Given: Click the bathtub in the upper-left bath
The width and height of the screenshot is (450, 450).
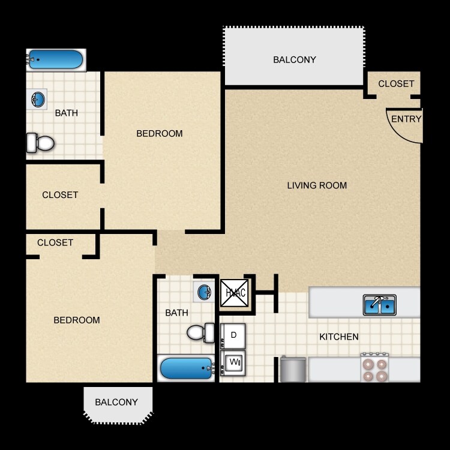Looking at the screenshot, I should pyautogui.click(x=55, y=59).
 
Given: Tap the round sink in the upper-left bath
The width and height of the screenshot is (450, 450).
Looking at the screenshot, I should pyautogui.click(x=38, y=100).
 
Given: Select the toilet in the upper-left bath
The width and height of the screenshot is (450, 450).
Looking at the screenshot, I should pyautogui.click(x=41, y=143).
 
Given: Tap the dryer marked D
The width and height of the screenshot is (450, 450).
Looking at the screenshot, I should pyautogui.click(x=233, y=335).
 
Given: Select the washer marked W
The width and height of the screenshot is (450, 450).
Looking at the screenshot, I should pyautogui.click(x=233, y=362).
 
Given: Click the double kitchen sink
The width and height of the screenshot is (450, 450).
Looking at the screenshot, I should pyautogui.click(x=379, y=305).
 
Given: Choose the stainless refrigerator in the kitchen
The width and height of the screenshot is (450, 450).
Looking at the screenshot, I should pyautogui.click(x=293, y=370).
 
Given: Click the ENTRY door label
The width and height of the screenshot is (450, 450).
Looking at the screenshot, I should pyautogui.click(x=406, y=119).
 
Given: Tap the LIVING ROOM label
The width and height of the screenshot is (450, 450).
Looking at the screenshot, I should pyautogui.click(x=317, y=185).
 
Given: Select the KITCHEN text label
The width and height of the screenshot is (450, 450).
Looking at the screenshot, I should pyautogui.click(x=338, y=337).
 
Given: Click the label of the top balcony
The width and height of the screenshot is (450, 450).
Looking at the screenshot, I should pyautogui.click(x=294, y=59).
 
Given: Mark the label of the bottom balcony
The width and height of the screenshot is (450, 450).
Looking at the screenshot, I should pyautogui.click(x=116, y=402).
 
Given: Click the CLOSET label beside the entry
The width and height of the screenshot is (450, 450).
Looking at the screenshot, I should pyautogui.click(x=396, y=84).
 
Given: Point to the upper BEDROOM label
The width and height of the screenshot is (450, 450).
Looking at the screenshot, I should pyautogui.click(x=160, y=133).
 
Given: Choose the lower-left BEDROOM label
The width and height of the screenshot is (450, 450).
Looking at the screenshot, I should pyautogui.click(x=77, y=320).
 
